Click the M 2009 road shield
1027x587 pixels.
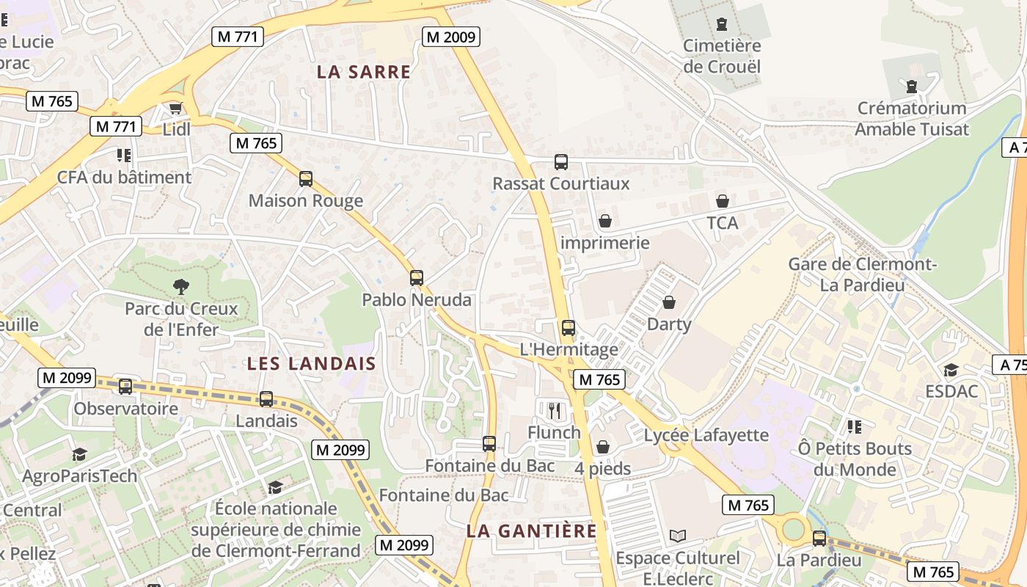451,37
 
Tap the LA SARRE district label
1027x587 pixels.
364,72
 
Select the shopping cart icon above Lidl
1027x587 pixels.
175,109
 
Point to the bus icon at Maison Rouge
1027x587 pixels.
306,178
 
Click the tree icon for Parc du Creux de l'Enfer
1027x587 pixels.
180,286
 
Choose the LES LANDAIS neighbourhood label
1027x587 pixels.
311,363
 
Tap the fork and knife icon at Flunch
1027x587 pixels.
555,411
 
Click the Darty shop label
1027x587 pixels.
669,324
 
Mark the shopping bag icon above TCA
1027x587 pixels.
723,201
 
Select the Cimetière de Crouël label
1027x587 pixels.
722,56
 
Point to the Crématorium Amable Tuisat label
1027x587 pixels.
912,119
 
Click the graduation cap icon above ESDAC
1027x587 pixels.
951,370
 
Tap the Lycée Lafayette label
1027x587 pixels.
706,435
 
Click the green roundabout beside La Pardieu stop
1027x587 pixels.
794,528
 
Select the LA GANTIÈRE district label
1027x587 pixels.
532,531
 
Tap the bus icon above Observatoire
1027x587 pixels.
125,386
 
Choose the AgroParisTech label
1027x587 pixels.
79,476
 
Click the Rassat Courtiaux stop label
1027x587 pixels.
561,183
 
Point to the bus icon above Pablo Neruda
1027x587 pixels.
417,278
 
